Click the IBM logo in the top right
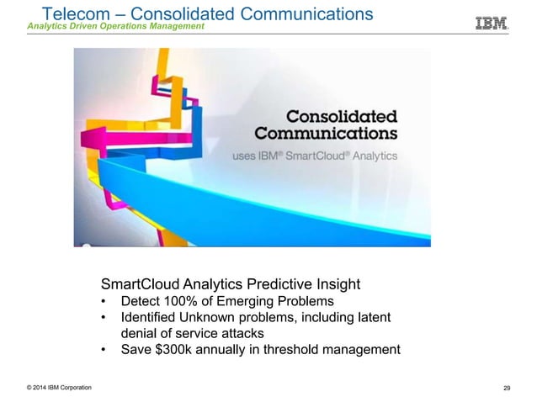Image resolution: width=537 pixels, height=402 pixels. (x=492, y=23)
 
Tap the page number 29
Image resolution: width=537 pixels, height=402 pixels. (x=507, y=388)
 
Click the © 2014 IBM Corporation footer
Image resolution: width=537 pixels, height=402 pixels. (x=59, y=387)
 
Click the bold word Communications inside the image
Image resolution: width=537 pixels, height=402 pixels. (x=327, y=133)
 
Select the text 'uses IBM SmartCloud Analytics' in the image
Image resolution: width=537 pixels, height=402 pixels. (x=315, y=156)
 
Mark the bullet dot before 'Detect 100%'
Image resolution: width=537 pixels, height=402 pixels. (x=104, y=302)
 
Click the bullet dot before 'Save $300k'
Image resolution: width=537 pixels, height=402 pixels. (x=104, y=350)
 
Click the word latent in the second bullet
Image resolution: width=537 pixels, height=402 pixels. (x=372, y=317)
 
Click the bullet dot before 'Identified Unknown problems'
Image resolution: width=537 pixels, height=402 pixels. (x=104, y=318)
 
